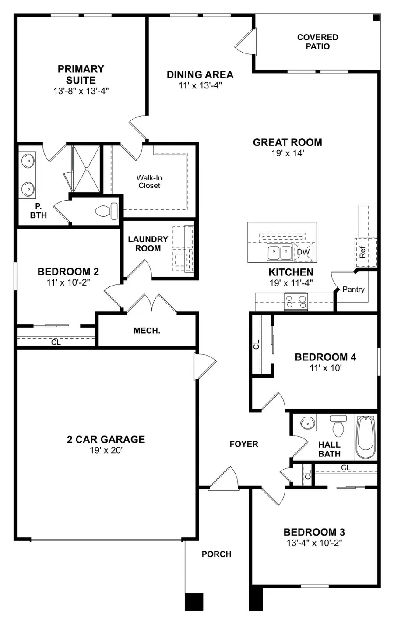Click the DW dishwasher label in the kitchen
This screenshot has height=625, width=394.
pos(303,252)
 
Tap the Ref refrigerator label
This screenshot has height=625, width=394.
pos(362,252)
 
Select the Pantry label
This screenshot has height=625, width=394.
pos(353,289)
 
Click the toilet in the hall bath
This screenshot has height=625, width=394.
pos(338,426)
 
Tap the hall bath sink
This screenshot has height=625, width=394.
pos(308,424)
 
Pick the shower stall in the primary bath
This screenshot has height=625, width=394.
pos(86,168)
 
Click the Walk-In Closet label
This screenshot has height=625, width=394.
pos(149,181)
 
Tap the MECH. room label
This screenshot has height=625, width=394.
pos(147,331)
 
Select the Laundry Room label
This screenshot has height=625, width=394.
pos(148,244)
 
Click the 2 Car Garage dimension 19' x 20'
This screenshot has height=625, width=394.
pos(106,450)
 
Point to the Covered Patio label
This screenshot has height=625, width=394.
pos(317,42)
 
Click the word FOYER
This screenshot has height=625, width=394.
pos(244,444)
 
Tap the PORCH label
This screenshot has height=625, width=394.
pos(216,554)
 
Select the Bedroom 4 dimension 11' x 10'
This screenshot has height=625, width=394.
pos(325,368)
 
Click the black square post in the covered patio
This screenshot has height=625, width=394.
pos(376,18)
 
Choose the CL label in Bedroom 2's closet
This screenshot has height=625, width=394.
pos(56,343)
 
